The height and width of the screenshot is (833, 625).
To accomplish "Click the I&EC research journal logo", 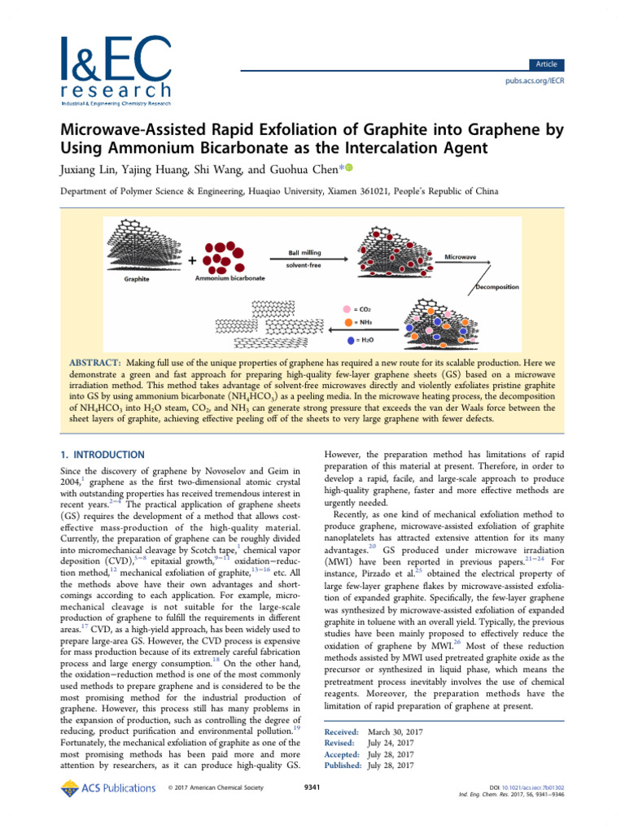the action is tap(115, 71).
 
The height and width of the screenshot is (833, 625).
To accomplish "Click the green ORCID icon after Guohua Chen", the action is tap(349, 168).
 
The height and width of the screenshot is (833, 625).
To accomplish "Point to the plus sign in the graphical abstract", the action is tap(192, 261).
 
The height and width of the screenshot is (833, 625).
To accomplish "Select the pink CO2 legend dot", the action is tap(347, 309).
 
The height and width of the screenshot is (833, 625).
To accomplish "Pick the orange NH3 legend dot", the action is tap(347, 325).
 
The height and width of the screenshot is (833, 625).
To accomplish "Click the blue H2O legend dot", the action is tap(348, 340).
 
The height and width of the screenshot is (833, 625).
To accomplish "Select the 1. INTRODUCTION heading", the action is tap(103, 455).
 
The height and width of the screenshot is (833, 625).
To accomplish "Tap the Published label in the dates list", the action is tap(343, 765).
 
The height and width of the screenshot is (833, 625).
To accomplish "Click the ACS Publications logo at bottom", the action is tap(108, 787).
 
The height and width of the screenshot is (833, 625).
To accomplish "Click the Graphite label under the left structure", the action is tap(139, 279).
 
